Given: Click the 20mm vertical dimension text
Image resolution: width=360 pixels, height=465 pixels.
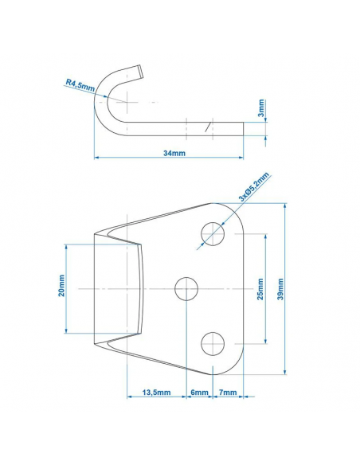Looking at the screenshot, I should [62, 287].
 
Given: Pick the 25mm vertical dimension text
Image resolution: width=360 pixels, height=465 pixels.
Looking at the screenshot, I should [259, 288].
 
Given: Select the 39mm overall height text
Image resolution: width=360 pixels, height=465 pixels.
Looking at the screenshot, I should [280, 288].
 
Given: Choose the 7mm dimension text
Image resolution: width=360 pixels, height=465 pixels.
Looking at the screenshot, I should [226, 393].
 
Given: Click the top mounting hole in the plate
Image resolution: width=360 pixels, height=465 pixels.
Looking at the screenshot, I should [212, 234].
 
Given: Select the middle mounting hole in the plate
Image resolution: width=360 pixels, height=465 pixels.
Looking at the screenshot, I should [187, 288].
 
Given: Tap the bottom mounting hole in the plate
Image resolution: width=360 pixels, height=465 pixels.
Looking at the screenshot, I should [212, 343].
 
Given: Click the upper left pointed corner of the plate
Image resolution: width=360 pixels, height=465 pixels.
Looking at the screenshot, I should [95, 232].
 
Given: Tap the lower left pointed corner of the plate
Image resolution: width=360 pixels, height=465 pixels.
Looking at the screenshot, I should [95, 345].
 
